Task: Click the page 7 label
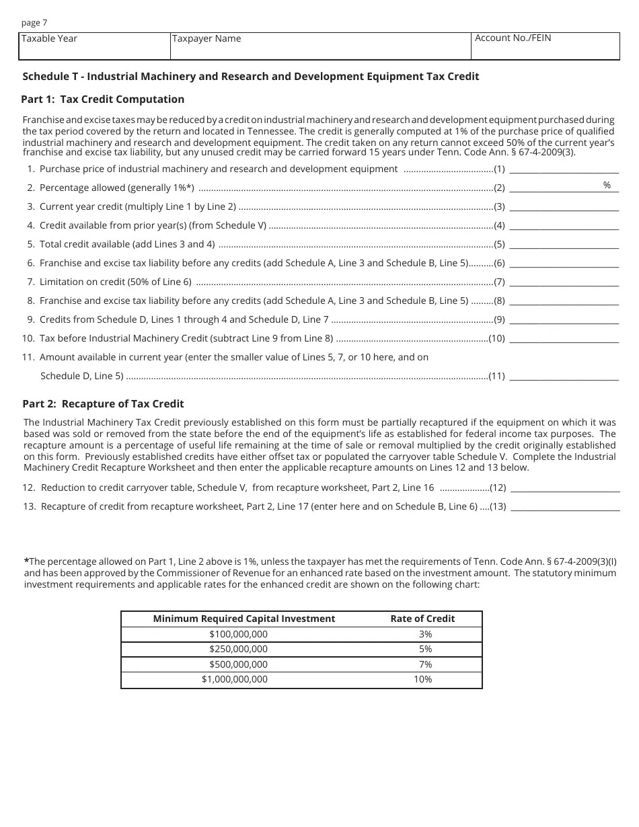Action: [x=34, y=23]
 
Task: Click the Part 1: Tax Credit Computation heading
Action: [x=103, y=100]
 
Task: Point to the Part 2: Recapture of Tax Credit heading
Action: [x=103, y=404]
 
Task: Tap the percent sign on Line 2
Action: [x=607, y=186]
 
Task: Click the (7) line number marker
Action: [x=499, y=282]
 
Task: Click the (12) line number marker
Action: [x=498, y=488]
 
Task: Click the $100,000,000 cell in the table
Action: [x=238, y=634]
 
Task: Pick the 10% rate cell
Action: [x=422, y=680]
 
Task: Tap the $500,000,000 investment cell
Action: [x=238, y=664]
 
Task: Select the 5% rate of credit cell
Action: [x=425, y=649]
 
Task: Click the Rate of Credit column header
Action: [x=422, y=619]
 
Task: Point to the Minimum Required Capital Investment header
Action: [x=243, y=619]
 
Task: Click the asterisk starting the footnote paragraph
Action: [x=26, y=561]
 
